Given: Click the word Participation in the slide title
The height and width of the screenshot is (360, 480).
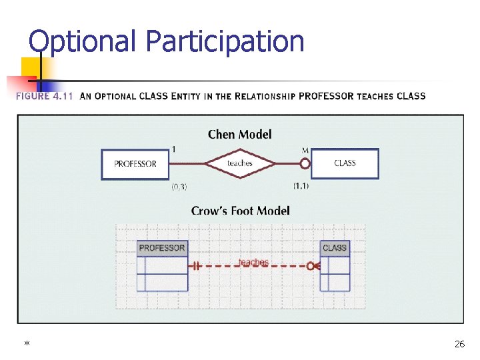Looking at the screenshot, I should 225,41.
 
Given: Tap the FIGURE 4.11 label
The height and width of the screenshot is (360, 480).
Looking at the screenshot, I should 43,96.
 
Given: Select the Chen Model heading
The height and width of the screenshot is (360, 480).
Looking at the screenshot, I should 239,135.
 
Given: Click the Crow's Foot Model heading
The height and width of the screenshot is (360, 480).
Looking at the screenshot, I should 240,211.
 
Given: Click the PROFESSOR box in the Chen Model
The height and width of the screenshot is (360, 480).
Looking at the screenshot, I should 135,164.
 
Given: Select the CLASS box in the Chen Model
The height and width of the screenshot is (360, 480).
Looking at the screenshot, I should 345,163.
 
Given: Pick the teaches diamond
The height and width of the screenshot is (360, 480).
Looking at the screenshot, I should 239,163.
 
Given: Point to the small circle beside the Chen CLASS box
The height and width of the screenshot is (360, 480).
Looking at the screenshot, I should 305,163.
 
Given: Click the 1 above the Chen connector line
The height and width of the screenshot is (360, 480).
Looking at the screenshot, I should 174,149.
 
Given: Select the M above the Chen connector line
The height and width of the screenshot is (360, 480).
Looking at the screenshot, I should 305,149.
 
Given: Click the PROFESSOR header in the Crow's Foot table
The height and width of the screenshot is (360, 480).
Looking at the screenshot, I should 162,248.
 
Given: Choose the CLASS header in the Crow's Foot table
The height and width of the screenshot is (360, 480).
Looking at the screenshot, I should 335,248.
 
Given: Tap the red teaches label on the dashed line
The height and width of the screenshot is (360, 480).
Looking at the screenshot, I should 253,263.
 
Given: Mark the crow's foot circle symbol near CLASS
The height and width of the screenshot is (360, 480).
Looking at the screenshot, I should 311,266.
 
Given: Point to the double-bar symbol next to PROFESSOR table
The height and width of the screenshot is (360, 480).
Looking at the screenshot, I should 197,266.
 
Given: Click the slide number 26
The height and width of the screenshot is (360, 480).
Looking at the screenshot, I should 459,344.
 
